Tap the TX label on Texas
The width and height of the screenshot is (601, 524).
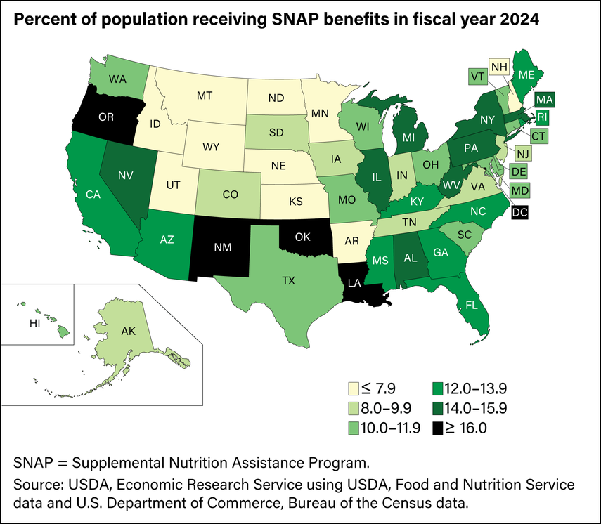pyautogui.click(x=288, y=280)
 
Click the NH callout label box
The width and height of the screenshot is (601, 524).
pyautogui.click(x=498, y=68)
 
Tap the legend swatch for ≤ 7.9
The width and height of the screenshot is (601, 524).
pyautogui.click(x=356, y=387)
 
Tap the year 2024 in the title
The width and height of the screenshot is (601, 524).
pyautogui.click(x=519, y=20)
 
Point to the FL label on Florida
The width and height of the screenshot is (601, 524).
pyautogui.click(x=465, y=305)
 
